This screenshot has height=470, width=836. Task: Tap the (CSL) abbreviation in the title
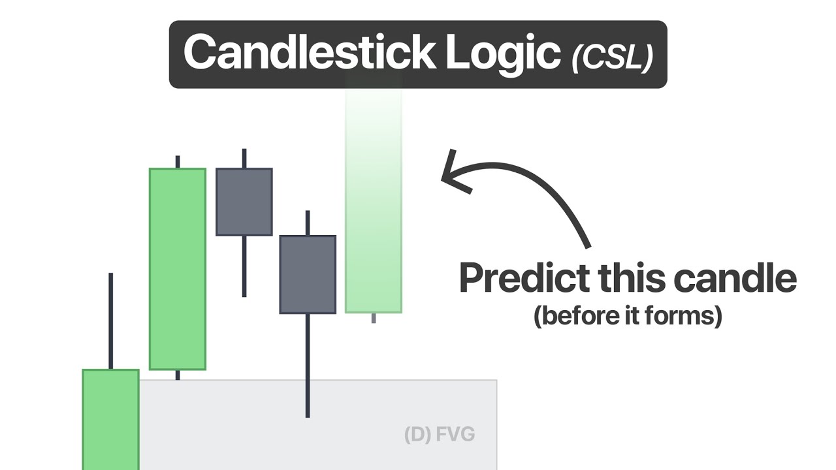[x=612, y=57]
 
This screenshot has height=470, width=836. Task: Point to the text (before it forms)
[x=627, y=316]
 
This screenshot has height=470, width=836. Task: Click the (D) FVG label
[x=439, y=434]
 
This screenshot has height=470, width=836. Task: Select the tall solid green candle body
[x=178, y=269]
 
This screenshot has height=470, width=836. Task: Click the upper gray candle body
[x=244, y=202]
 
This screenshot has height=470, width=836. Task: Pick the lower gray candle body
[x=308, y=274]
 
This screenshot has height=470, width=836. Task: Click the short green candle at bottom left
[x=110, y=418]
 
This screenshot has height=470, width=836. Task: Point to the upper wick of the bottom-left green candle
[x=110, y=320]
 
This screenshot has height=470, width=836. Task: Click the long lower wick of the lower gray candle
[x=307, y=366]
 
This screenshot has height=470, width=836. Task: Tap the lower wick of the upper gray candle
[x=244, y=266]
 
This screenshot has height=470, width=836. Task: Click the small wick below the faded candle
[x=374, y=318]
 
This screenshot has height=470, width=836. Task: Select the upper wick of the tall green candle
[x=177, y=162]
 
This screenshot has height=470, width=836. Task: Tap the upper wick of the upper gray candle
[x=244, y=158]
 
